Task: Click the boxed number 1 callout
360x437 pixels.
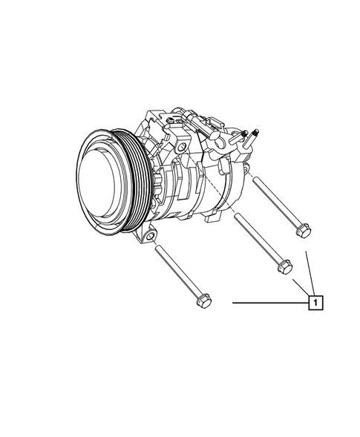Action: pyautogui.click(x=316, y=303)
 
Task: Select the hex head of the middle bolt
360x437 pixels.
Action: pyautogui.click(x=282, y=266)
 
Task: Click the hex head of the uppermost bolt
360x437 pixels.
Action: pyautogui.click(x=301, y=233)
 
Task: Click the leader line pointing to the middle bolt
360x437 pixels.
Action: pyautogui.click(x=300, y=287)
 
